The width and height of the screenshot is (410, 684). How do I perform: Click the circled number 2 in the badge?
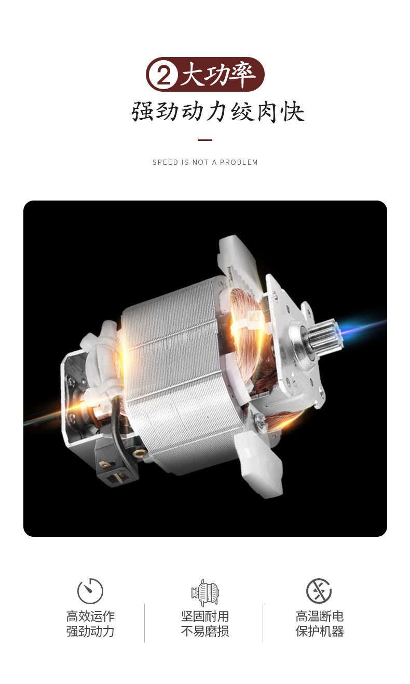[163, 75]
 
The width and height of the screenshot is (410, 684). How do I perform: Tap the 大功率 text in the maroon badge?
[218, 75]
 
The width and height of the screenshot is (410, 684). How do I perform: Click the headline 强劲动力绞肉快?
[217, 112]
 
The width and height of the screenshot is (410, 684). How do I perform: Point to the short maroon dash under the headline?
[205, 140]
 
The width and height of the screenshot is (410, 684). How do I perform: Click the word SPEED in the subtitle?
[165, 163]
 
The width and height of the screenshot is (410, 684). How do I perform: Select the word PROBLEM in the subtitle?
[239, 163]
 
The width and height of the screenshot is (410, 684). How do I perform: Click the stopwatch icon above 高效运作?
[90, 591]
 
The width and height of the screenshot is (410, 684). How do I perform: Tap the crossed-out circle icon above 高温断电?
[319, 591]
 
